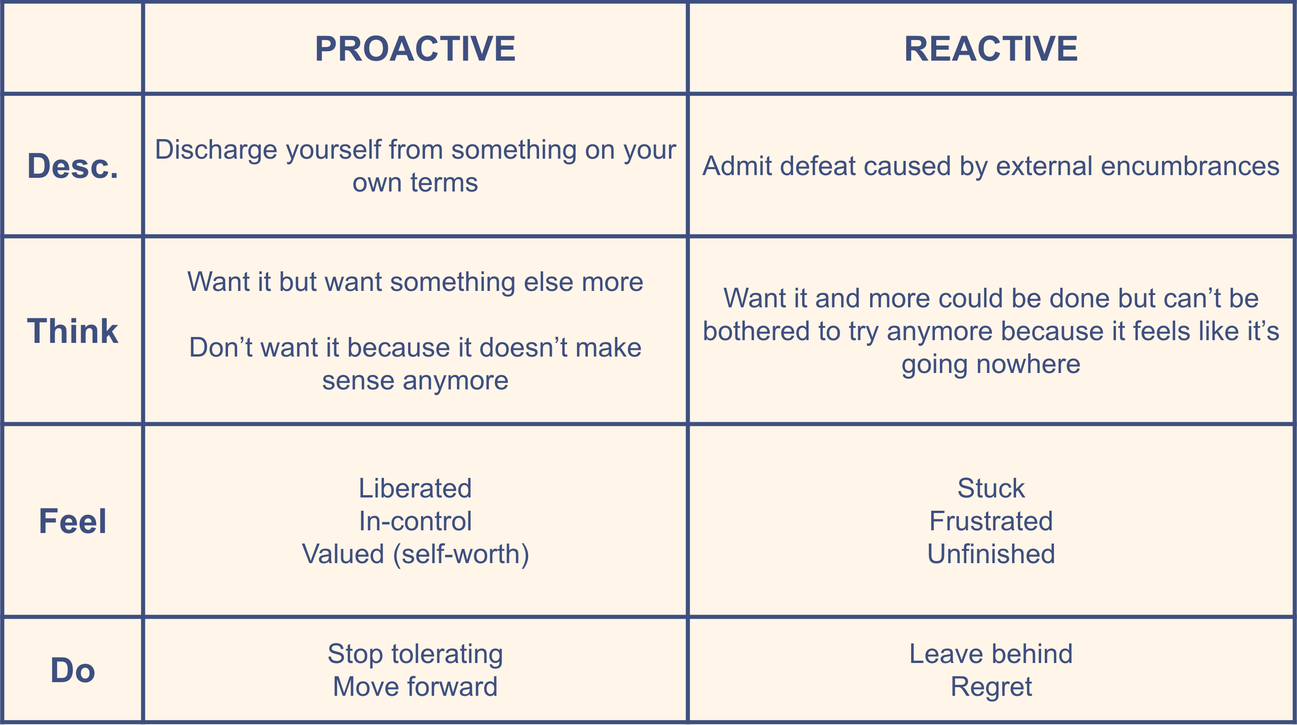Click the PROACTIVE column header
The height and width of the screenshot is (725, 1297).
415,49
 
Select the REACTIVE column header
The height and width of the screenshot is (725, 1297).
991,49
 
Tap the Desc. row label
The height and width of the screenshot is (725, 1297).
73,166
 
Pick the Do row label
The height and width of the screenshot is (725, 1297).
73,670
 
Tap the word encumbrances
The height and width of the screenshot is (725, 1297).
1190,166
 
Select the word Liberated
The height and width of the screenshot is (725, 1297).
415,488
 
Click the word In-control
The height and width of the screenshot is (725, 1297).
415,521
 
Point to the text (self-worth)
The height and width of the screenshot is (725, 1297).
461,555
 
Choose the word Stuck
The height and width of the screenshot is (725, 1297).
991,488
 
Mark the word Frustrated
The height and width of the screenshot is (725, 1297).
991,521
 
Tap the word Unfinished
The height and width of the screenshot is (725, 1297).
991,554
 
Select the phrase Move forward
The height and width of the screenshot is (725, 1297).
415,686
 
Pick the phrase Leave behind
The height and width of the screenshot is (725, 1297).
991,653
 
